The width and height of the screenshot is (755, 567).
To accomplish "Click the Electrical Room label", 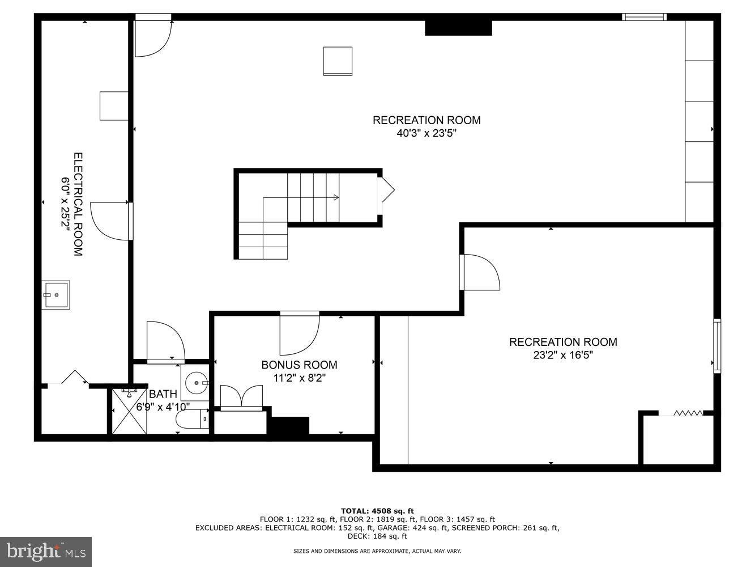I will [x=78, y=204].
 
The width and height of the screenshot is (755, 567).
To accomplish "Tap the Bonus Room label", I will [x=299, y=365].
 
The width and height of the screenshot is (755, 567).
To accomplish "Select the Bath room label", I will [x=163, y=394].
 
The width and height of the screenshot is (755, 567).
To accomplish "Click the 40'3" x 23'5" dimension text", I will [x=426, y=134].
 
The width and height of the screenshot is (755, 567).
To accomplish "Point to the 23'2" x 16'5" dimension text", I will [x=562, y=356].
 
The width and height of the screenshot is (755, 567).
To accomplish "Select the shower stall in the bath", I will [x=129, y=411].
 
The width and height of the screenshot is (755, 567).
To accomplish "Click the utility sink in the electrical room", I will [x=56, y=295].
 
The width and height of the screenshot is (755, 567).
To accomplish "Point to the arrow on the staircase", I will [x=335, y=197].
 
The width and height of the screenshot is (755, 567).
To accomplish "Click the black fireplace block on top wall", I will [x=458, y=27].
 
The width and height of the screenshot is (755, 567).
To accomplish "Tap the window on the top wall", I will [x=644, y=17].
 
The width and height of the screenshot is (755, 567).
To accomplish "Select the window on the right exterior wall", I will [x=716, y=346].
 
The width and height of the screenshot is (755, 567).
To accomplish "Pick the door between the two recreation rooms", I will [x=480, y=272].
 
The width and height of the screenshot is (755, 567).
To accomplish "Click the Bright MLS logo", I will [x=45, y=551].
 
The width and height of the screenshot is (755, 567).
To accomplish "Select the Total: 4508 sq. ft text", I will [x=377, y=510].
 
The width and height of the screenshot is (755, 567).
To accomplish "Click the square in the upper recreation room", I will [x=338, y=61].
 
